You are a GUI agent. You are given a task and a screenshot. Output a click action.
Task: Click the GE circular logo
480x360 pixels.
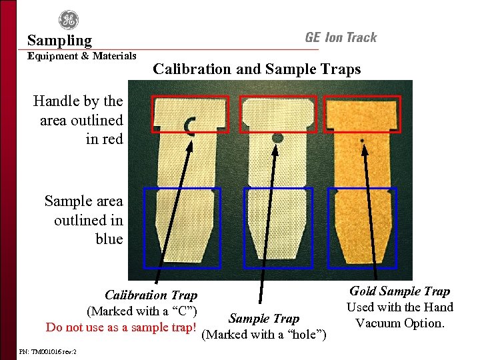[68, 20]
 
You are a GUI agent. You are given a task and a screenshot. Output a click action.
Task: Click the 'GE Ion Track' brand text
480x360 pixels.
[341, 38]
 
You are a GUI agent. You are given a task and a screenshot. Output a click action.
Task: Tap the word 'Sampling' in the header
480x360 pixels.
[59, 41]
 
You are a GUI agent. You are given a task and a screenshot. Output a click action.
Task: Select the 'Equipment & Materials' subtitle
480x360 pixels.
[82, 56]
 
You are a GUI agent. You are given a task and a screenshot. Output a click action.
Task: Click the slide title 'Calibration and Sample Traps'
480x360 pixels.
[257, 69]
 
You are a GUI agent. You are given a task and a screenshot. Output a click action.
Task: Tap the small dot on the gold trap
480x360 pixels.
[361, 141]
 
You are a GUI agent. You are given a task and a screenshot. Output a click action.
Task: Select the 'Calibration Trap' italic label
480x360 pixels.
[151, 295]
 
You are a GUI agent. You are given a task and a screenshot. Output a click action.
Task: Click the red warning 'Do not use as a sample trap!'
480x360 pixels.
[121, 327]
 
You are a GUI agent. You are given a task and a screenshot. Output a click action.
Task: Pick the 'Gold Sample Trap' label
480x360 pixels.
[399, 291]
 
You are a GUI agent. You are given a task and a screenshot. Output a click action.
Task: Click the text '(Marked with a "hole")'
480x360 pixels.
[264, 335]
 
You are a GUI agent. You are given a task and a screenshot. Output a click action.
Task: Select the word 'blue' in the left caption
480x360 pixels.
[109, 239]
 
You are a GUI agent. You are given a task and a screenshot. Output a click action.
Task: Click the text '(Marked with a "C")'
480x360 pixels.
[141, 311]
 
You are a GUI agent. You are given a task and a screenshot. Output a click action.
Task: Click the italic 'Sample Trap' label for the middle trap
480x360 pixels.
[264, 319]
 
